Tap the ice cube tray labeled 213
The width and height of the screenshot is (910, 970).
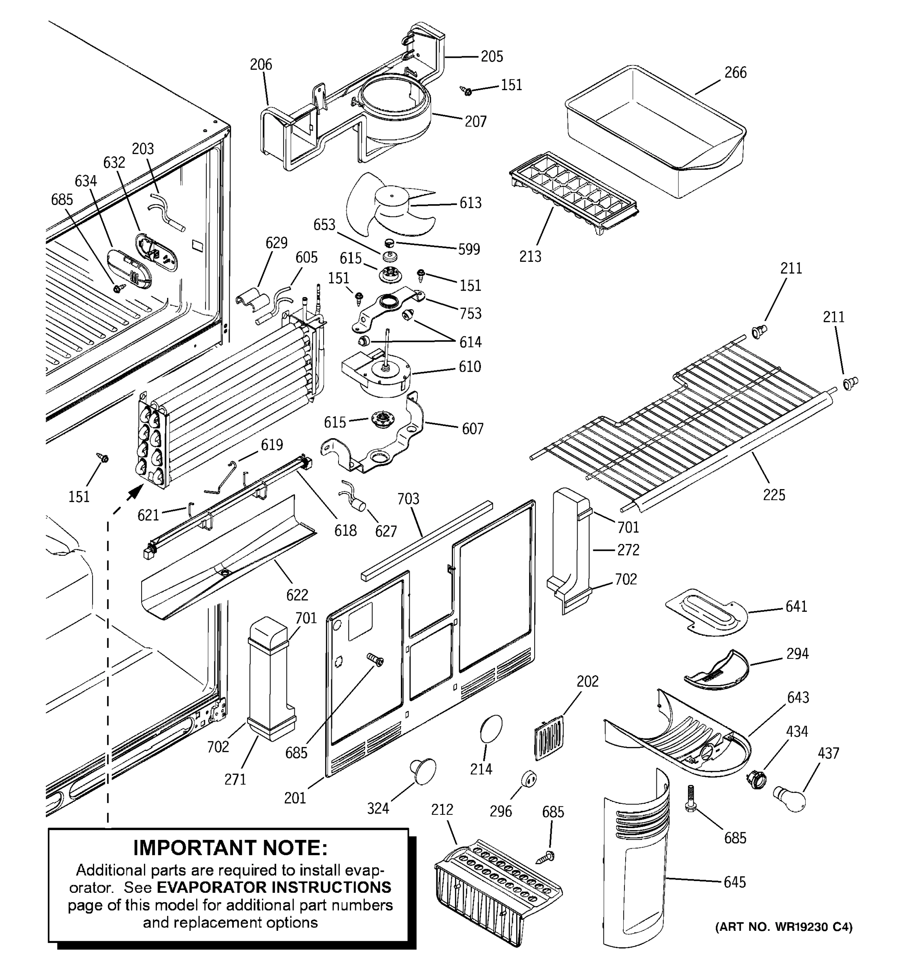pyautogui.click(x=574, y=195)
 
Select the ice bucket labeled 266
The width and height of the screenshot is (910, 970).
pyautogui.click(x=654, y=132)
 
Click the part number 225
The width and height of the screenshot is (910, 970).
pyautogui.click(x=774, y=495)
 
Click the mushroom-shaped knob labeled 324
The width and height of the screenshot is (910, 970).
pyautogui.click(x=423, y=771)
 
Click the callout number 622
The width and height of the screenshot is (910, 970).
pyautogui.click(x=297, y=595)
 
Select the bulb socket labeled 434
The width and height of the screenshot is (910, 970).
pyautogui.click(x=756, y=781)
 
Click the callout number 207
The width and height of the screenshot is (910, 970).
pyautogui.click(x=475, y=122)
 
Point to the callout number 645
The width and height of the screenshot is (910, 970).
pyautogui.click(x=734, y=882)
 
